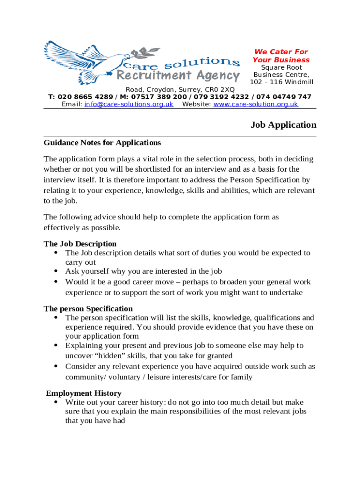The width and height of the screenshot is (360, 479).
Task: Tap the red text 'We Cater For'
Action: tap(281, 52)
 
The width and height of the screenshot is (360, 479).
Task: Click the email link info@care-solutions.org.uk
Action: tap(129, 104)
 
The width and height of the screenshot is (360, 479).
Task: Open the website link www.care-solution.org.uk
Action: tap(256, 104)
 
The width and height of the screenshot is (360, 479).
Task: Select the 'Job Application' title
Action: tap(283, 125)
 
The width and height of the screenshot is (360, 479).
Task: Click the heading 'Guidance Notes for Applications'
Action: tap(102, 143)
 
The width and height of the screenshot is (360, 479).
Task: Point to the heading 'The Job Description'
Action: tap(80, 244)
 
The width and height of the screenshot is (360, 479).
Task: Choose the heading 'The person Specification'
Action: tap(88, 309)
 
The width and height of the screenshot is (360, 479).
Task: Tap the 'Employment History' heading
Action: tap(84, 393)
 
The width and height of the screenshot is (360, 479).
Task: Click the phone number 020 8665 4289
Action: tap(85, 97)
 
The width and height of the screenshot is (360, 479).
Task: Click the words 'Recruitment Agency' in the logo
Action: tap(178, 76)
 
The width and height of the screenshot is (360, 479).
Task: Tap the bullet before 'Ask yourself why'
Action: tap(56, 271)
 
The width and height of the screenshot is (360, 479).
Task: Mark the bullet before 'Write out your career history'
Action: tap(56, 402)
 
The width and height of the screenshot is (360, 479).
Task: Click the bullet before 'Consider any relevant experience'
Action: tap(56, 366)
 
